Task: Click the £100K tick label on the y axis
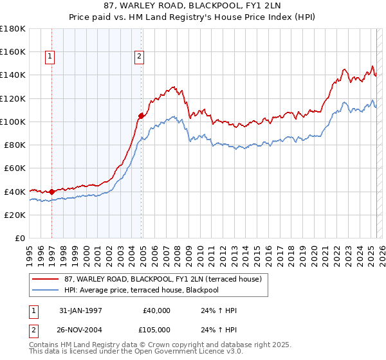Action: tap(13, 122)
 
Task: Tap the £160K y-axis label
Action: tap(13, 51)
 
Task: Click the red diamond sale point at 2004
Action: tap(141, 116)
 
